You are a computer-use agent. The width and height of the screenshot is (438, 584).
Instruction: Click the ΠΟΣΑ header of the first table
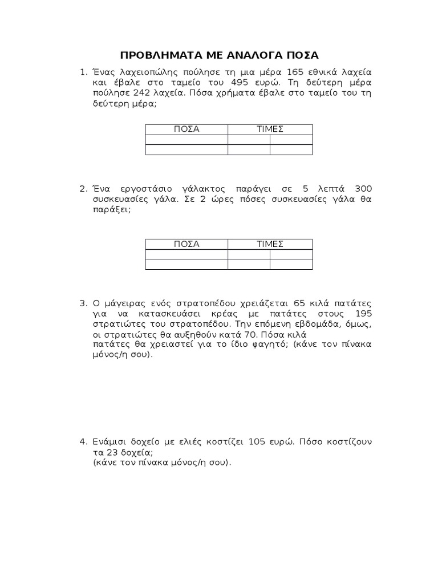click(x=186, y=129)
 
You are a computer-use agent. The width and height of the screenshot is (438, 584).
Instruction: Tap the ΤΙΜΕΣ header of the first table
click(x=270, y=129)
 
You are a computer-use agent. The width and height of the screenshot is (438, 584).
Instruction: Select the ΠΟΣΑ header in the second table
click(x=186, y=244)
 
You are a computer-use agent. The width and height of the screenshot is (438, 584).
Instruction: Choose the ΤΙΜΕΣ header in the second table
click(x=270, y=244)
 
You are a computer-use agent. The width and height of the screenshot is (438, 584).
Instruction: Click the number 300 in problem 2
click(x=363, y=188)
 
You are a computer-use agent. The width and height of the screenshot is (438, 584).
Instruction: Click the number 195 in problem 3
click(x=363, y=314)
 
